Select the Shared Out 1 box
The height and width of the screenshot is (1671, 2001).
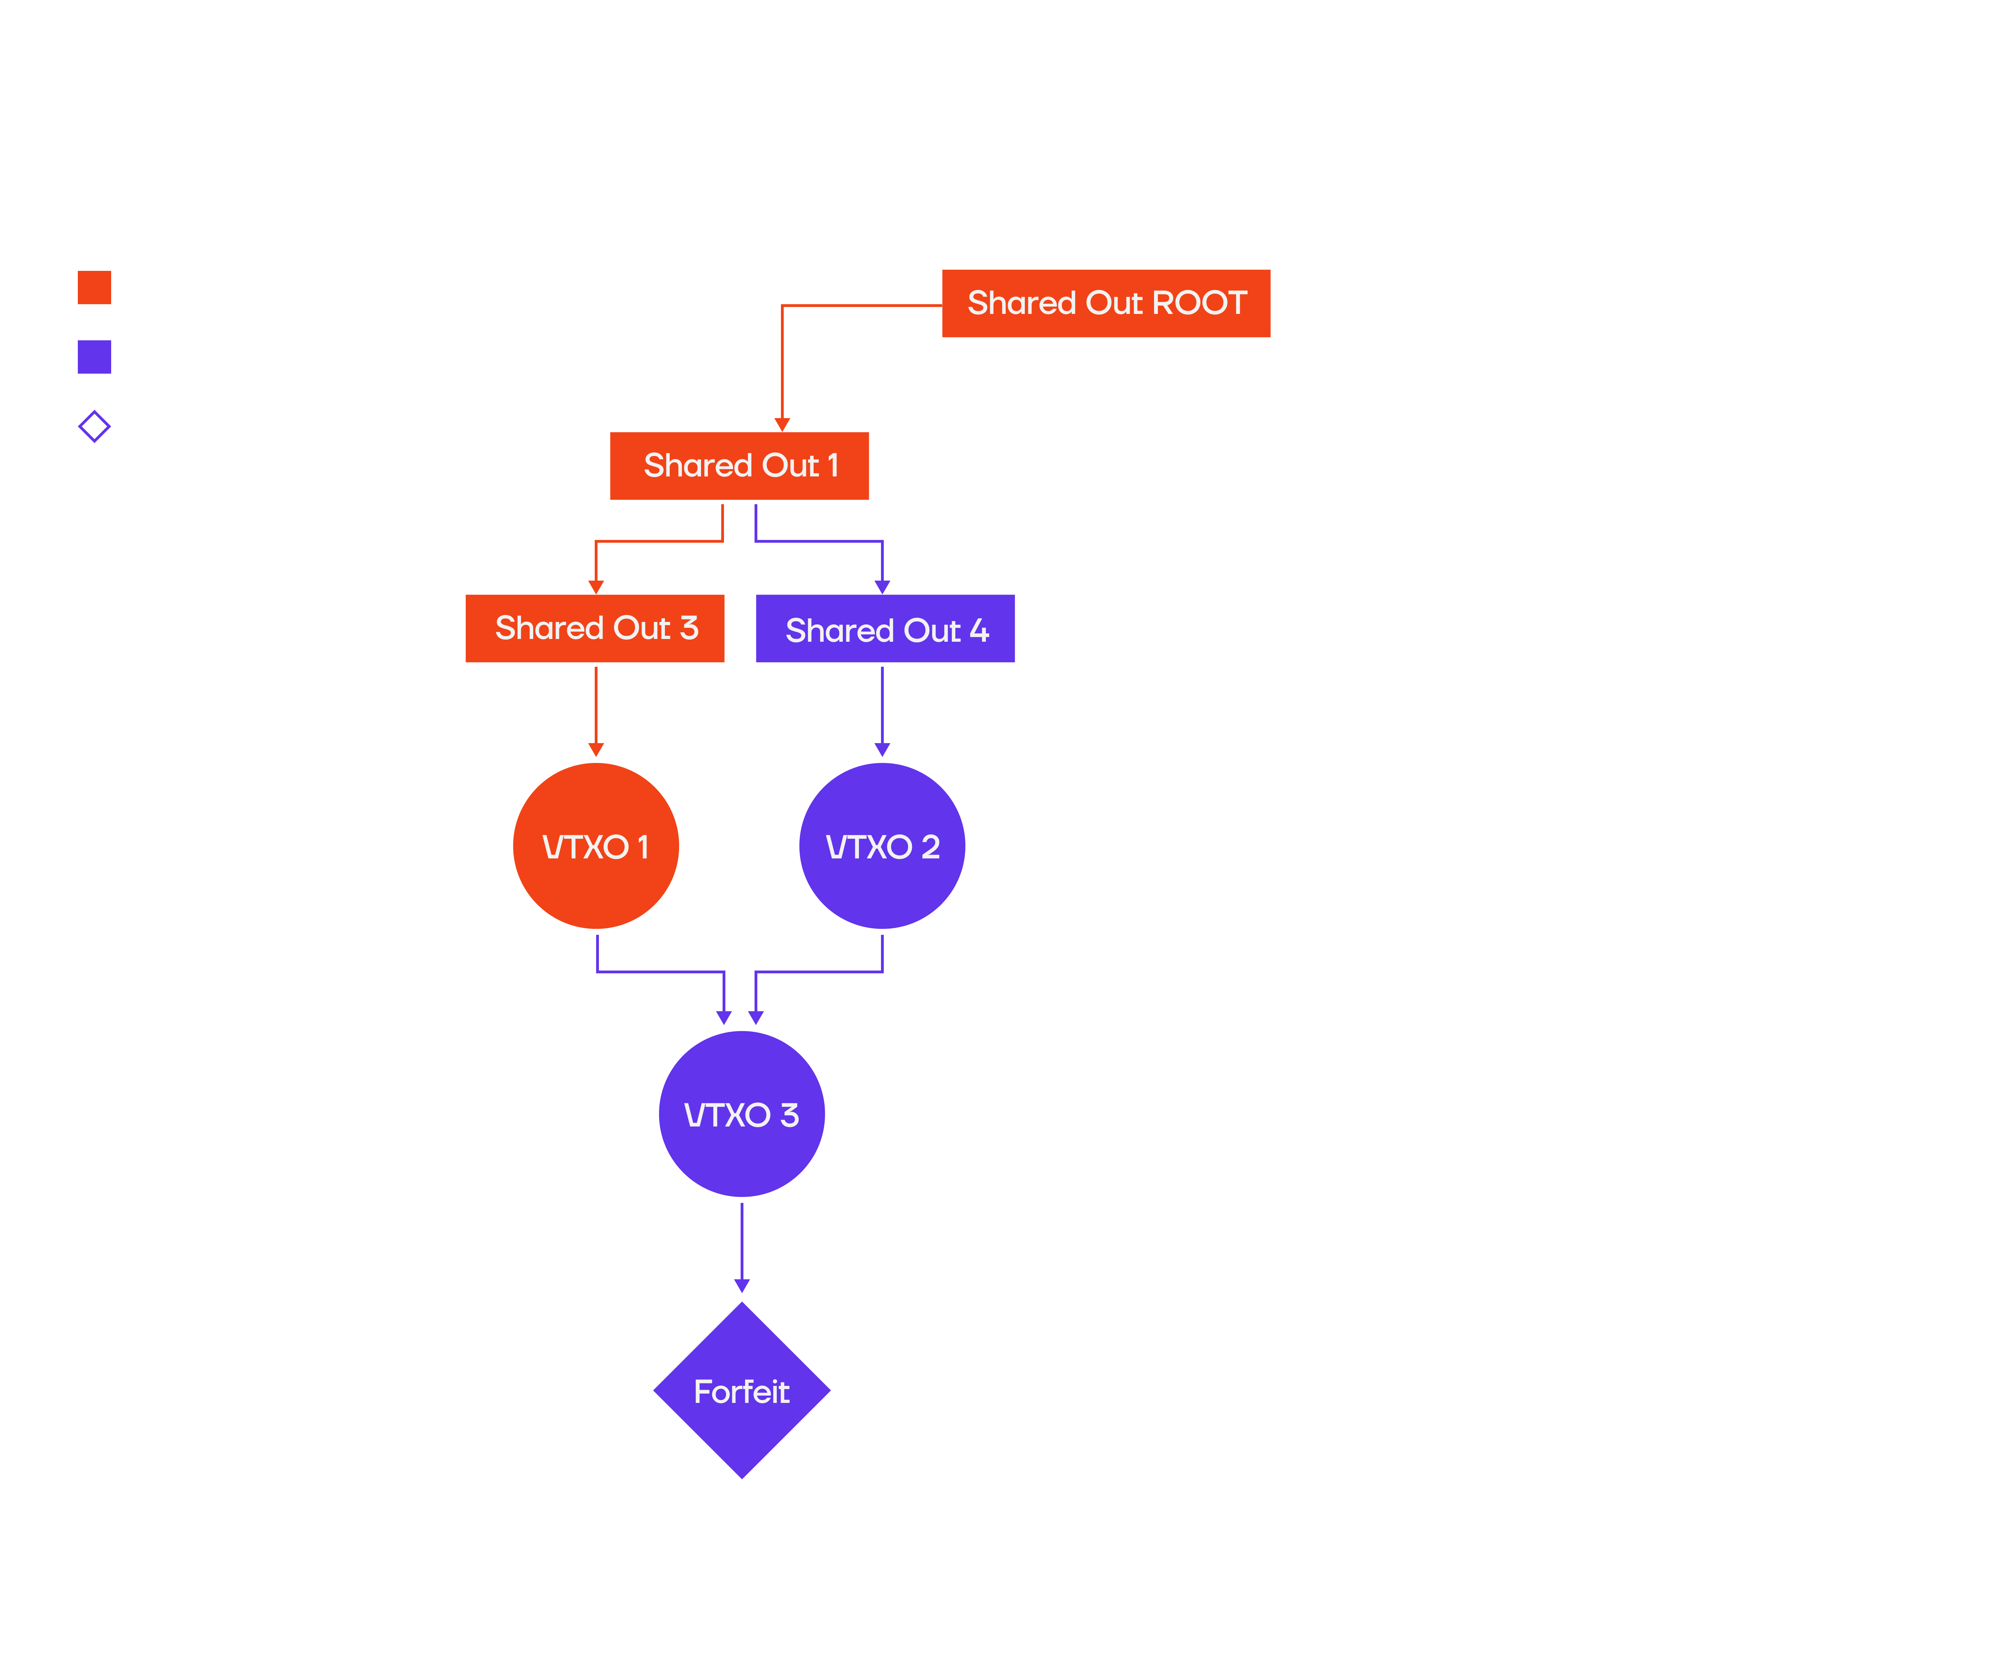tap(740, 466)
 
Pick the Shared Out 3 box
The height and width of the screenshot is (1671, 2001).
tap(595, 629)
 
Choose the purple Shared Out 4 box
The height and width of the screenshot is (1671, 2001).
tap(886, 630)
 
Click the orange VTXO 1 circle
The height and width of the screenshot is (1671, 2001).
tap(595, 846)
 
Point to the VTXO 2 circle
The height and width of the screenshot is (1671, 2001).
tap(882, 846)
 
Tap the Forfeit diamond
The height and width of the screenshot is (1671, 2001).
tap(741, 1391)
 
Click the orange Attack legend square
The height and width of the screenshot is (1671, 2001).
tap(94, 287)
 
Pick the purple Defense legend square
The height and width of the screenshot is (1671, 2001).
tap(94, 356)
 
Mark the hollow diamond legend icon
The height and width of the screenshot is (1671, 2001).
tap(94, 426)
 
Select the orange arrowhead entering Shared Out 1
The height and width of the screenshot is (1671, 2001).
tap(782, 424)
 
